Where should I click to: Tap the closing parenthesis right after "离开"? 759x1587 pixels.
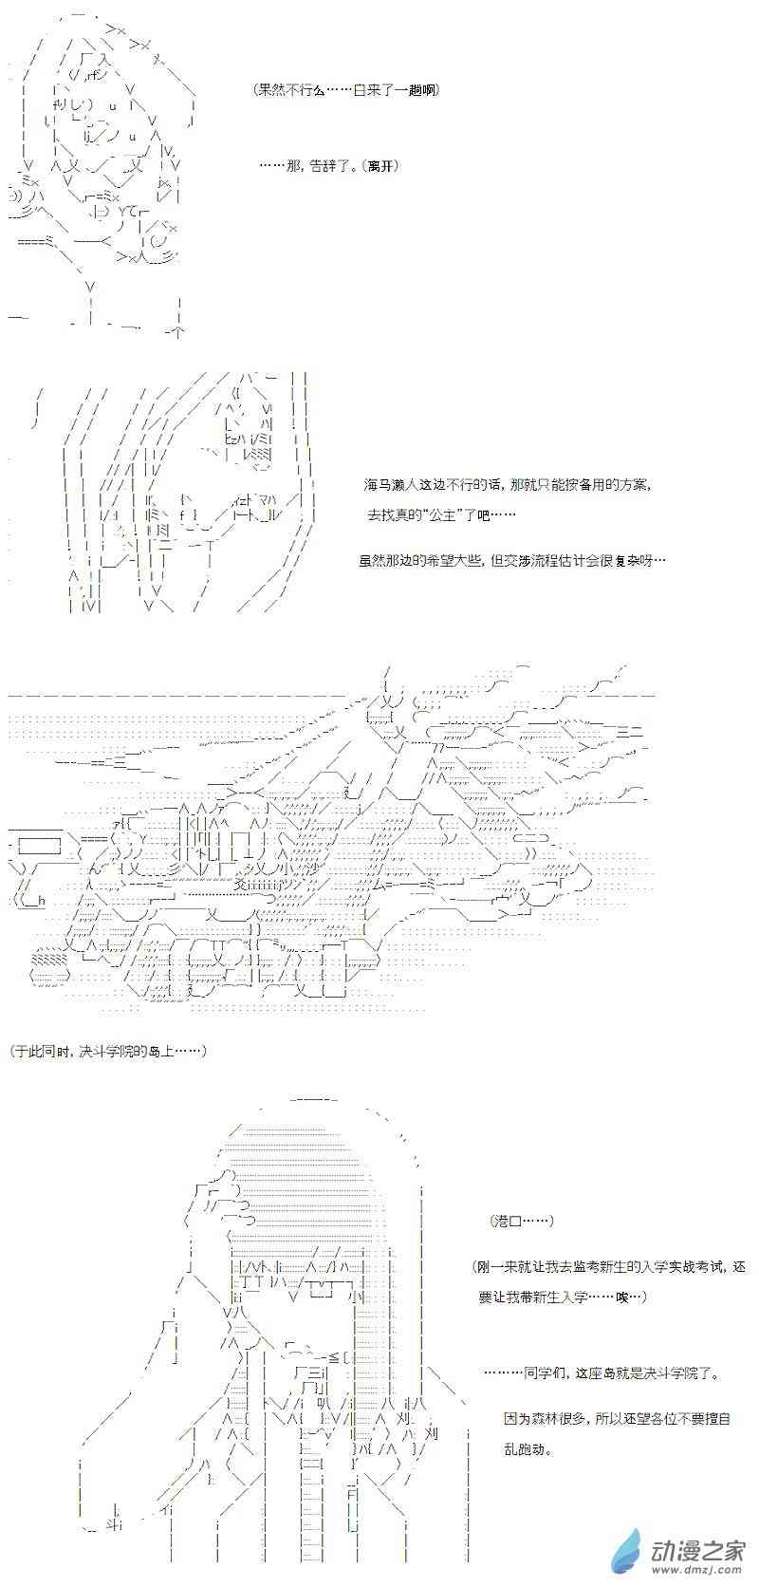396,166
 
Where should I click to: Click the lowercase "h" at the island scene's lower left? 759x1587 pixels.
42,901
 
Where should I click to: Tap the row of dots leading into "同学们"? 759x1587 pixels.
504,1373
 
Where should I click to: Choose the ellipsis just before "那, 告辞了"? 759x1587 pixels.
271,166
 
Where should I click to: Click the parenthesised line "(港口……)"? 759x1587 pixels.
521,1220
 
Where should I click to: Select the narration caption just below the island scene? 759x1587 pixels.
108,1052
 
